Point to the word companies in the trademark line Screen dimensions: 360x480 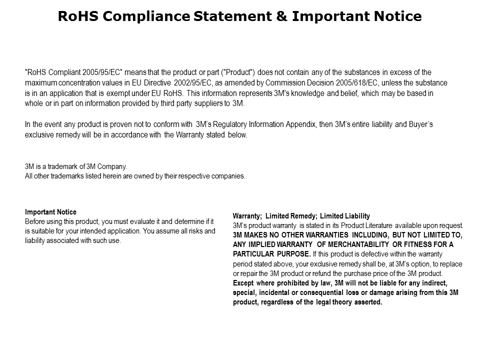click(x=228, y=176)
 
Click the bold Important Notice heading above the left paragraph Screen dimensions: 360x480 click(x=50, y=212)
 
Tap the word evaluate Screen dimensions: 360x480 click(x=146, y=221)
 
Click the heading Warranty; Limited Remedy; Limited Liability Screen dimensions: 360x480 click(x=301, y=216)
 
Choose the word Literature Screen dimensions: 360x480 click(x=375, y=225)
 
